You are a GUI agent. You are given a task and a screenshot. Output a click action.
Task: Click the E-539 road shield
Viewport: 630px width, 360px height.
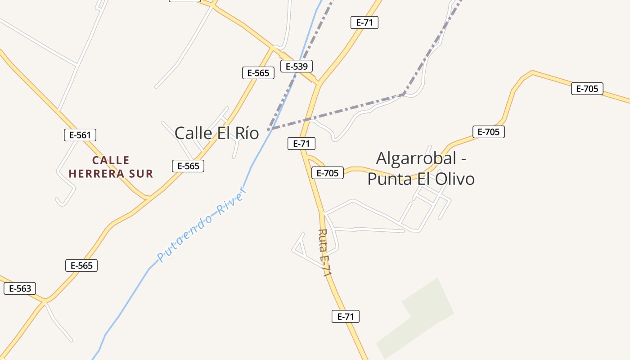297,67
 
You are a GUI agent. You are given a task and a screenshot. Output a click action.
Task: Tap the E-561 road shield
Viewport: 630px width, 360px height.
80,135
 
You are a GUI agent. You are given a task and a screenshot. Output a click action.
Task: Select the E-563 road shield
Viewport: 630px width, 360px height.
20,288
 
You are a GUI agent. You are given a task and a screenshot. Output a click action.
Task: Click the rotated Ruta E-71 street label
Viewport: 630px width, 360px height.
325,252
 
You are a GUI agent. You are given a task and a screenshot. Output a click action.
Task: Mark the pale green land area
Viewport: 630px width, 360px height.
416,318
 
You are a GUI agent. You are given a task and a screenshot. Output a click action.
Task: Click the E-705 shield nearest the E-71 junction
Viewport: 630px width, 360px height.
328,173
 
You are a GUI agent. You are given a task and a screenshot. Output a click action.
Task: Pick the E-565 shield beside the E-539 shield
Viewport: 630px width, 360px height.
258,73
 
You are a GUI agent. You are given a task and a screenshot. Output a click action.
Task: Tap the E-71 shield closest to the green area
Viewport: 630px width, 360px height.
346,316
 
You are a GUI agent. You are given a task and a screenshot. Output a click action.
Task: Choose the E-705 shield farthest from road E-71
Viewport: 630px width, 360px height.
587,89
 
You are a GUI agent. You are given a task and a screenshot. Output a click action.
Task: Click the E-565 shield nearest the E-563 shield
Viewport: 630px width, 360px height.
81,265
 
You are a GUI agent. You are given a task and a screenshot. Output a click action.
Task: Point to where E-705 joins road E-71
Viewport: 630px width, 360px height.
306,156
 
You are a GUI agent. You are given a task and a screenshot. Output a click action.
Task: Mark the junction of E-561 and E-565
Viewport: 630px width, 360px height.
148,198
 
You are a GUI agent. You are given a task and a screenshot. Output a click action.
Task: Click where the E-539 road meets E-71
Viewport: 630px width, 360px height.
319,83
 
